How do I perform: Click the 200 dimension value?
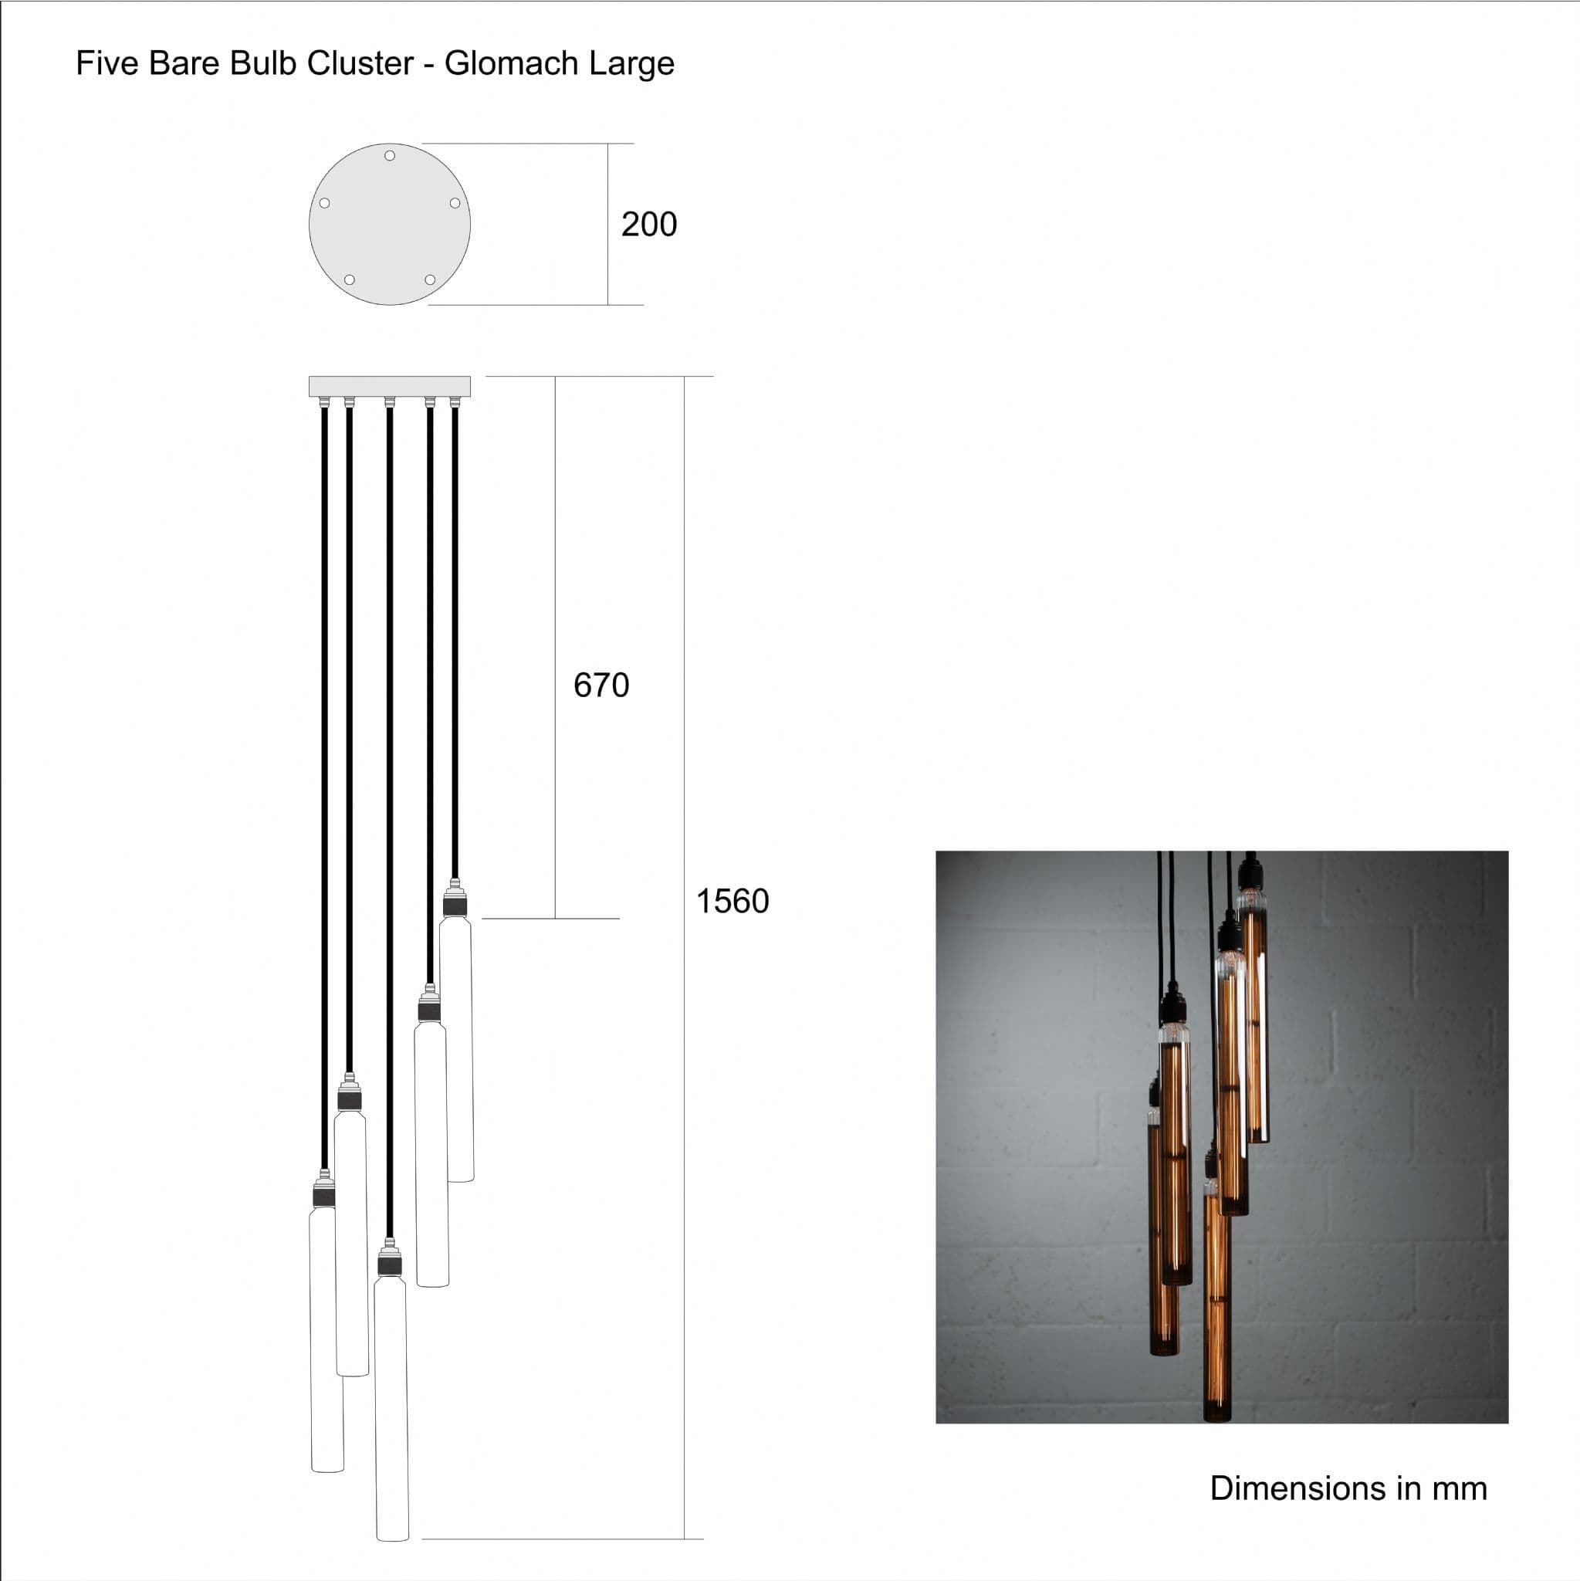649,224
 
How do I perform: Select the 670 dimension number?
601,685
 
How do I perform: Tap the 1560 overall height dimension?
732,901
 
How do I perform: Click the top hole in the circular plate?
390,155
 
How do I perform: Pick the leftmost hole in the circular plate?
325,203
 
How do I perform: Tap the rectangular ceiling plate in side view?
390,386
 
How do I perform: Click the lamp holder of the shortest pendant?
455,899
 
